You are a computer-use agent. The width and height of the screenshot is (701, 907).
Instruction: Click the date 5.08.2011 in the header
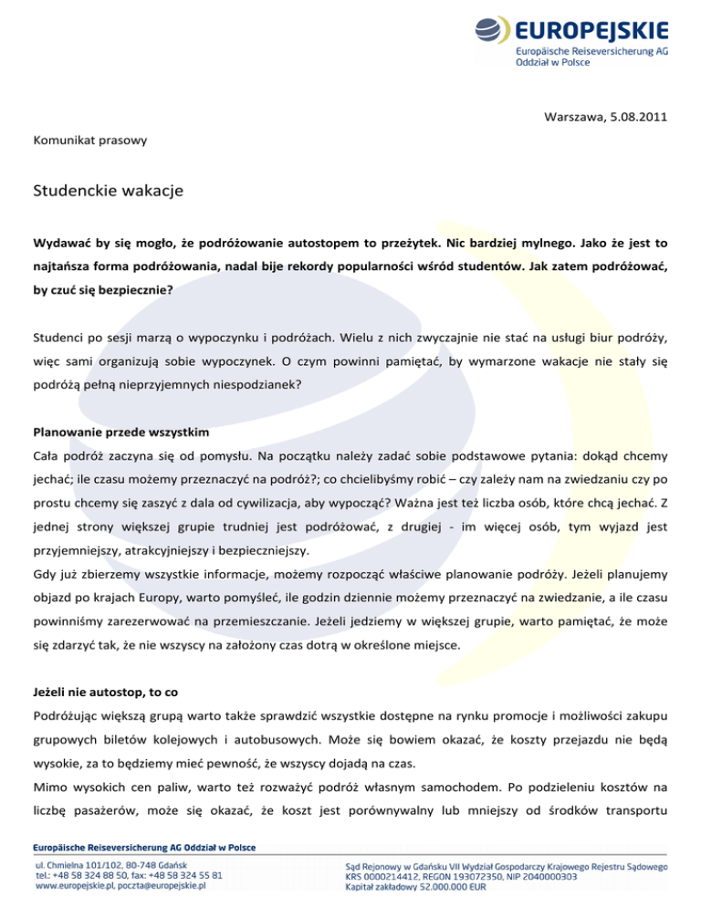[637, 117]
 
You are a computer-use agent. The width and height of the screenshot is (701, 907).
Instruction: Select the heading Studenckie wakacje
[109, 192]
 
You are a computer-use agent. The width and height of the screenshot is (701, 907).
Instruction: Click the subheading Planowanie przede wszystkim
[121, 428]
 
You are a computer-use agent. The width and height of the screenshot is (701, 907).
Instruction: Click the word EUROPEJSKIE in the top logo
[591, 30]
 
